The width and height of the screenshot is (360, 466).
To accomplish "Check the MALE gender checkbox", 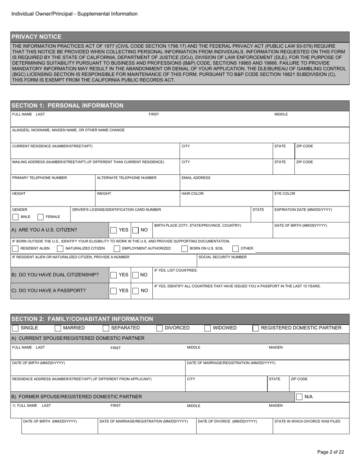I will pyautogui.click(x=16, y=217).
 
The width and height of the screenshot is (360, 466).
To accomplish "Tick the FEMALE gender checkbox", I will pyautogui.click(x=41, y=217).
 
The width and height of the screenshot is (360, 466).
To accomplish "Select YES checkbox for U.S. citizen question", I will pyautogui.click(x=113, y=230).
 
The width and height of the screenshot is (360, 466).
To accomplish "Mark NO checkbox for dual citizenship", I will pyautogui.click(x=135, y=275).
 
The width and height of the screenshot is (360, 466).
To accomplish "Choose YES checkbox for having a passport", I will pyautogui.click(x=113, y=291).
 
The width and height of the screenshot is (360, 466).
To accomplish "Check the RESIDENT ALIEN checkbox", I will pyautogui.click(x=16, y=249).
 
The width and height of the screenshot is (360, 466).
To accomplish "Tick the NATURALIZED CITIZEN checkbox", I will pyautogui.click(x=60, y=249).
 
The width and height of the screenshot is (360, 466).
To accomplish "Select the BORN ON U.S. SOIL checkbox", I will pyautogui.click(x=185, y=249).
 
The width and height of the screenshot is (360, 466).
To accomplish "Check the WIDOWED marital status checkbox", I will pyautogui.click(x=208, y=328).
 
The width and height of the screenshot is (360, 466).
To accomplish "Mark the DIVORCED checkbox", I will pyautogui.click(x=160, y=328).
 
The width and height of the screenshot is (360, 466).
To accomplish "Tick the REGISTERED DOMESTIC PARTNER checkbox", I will pyautogui.click(x=256, y=328).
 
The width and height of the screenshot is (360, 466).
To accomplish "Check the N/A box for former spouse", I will pyautogui.click(x=299, y=397).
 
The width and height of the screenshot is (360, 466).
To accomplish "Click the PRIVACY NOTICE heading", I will pyautogui.click(x=36, y=37).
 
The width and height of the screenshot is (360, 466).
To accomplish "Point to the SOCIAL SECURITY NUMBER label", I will pyautogui.click(x=222, y=257).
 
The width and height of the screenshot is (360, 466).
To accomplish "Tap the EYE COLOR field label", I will pyautogui.click(x=285, y=194).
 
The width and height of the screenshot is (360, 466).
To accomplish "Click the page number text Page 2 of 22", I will pyautogui.click(x=330, y=452).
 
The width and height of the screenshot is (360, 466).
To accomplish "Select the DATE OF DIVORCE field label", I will pyautogui.click(x=227, y=421).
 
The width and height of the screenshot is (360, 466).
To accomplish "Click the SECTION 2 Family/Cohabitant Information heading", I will pyautogui.click(x=82, y=319).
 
